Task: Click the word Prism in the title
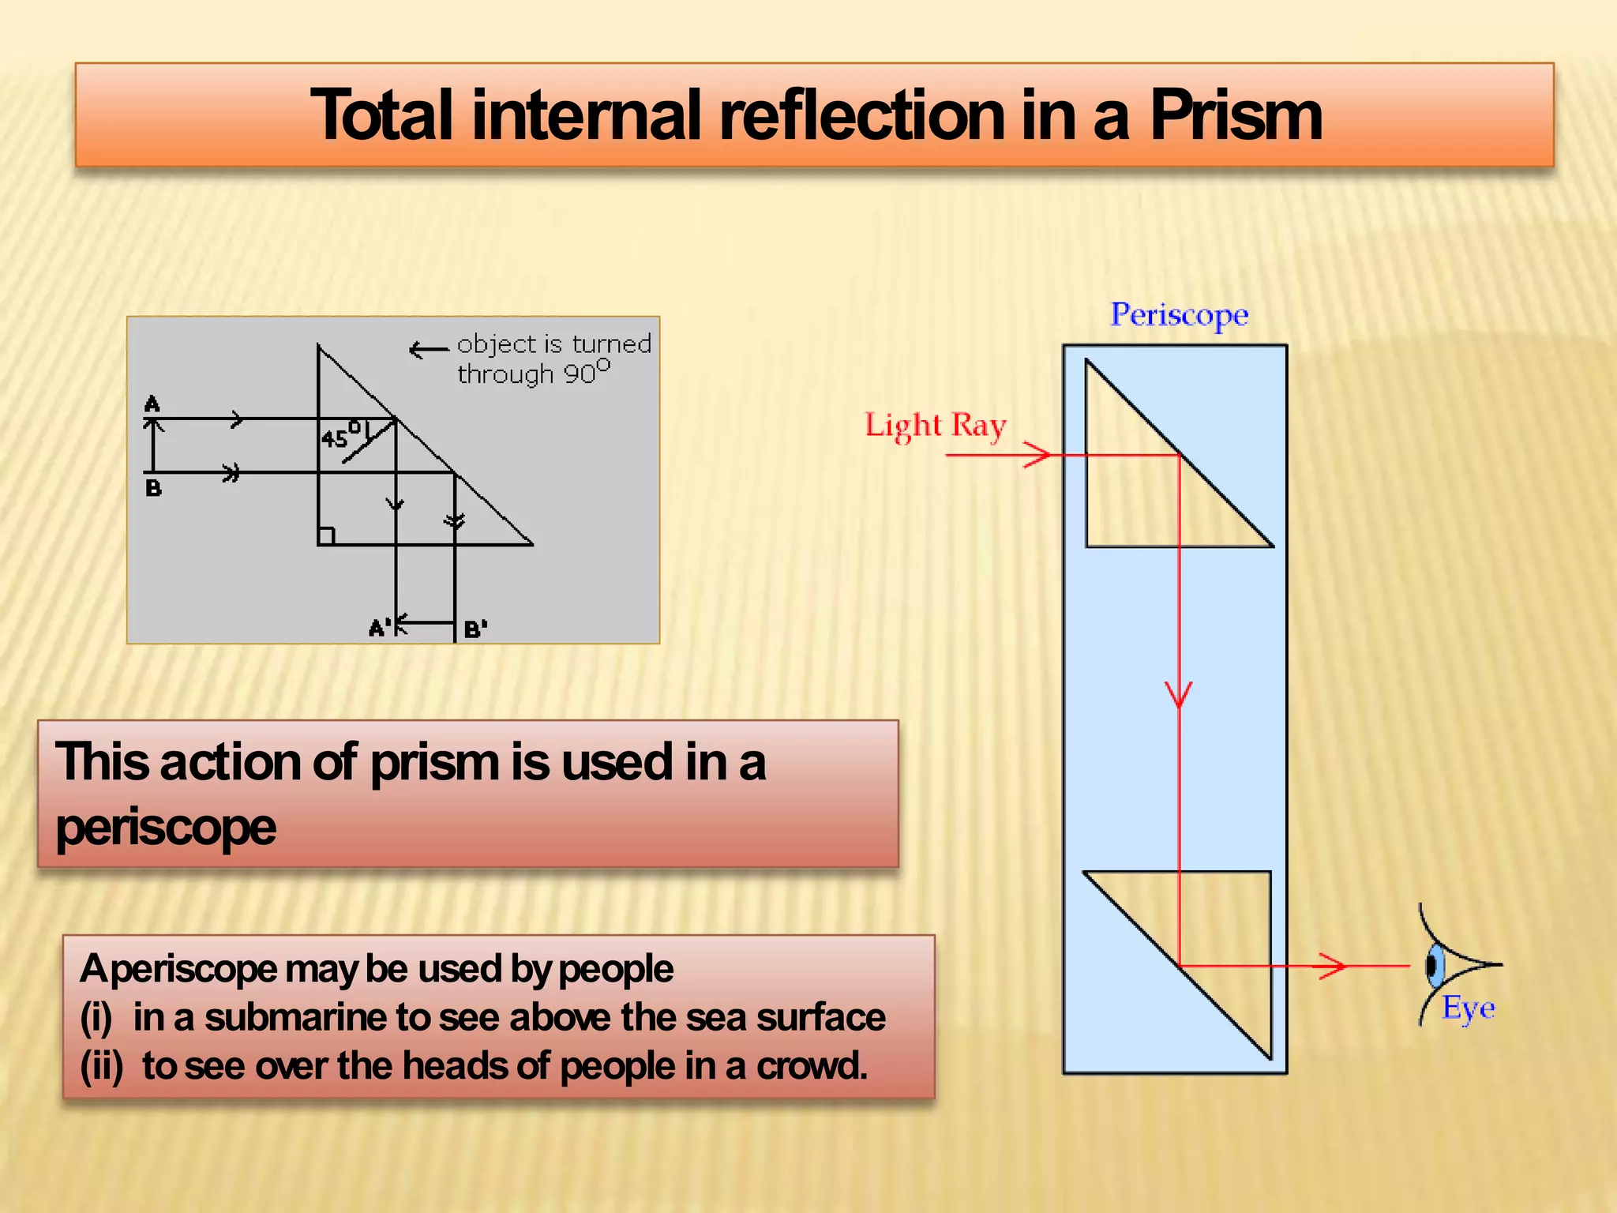(x=1236, y=116)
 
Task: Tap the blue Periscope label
(x=1179, y=314)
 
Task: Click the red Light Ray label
(x=936, y=426)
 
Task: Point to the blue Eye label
(x=1469, y=1008)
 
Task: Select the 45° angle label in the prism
(x=340, y=436)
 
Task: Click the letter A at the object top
(x=152, y=404)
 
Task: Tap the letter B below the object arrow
(x=153, y=488)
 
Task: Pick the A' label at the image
(x=380, y=629)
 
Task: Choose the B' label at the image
(x=475, y=629)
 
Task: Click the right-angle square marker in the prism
(x=326, y=536)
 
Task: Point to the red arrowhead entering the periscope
(x=1037, y=455)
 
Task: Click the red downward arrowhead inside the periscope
(x=1179, y=694)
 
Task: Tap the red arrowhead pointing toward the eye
(x=1333, y=965)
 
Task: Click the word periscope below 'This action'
(x=166, y=828)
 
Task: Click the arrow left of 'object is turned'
(x=429, y=349)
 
